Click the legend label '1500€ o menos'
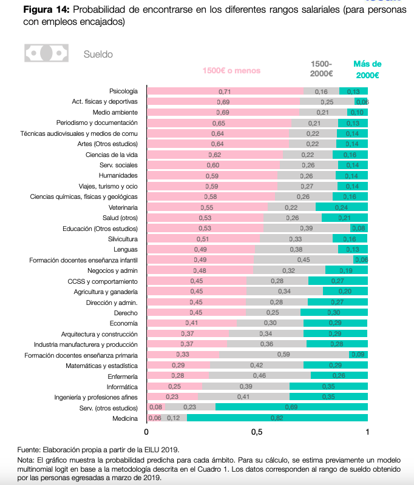click(x=231, y=71)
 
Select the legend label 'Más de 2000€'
click(x=367, y=70)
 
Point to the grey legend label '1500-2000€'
click(x=321, y=69)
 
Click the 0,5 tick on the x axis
click(x=257, y=433)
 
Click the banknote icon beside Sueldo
click(x=46, y=53)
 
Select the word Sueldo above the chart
click(x=98, y=54)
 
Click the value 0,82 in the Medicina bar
click(x=277, y=418)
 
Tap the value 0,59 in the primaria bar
click(x=283, y=355)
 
